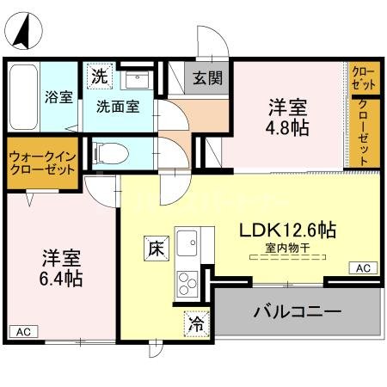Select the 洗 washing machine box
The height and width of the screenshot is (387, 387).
click(x=101, y=75)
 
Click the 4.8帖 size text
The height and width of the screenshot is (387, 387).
click(x=287, y=127)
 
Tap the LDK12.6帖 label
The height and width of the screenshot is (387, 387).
click(x=287, y=230)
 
